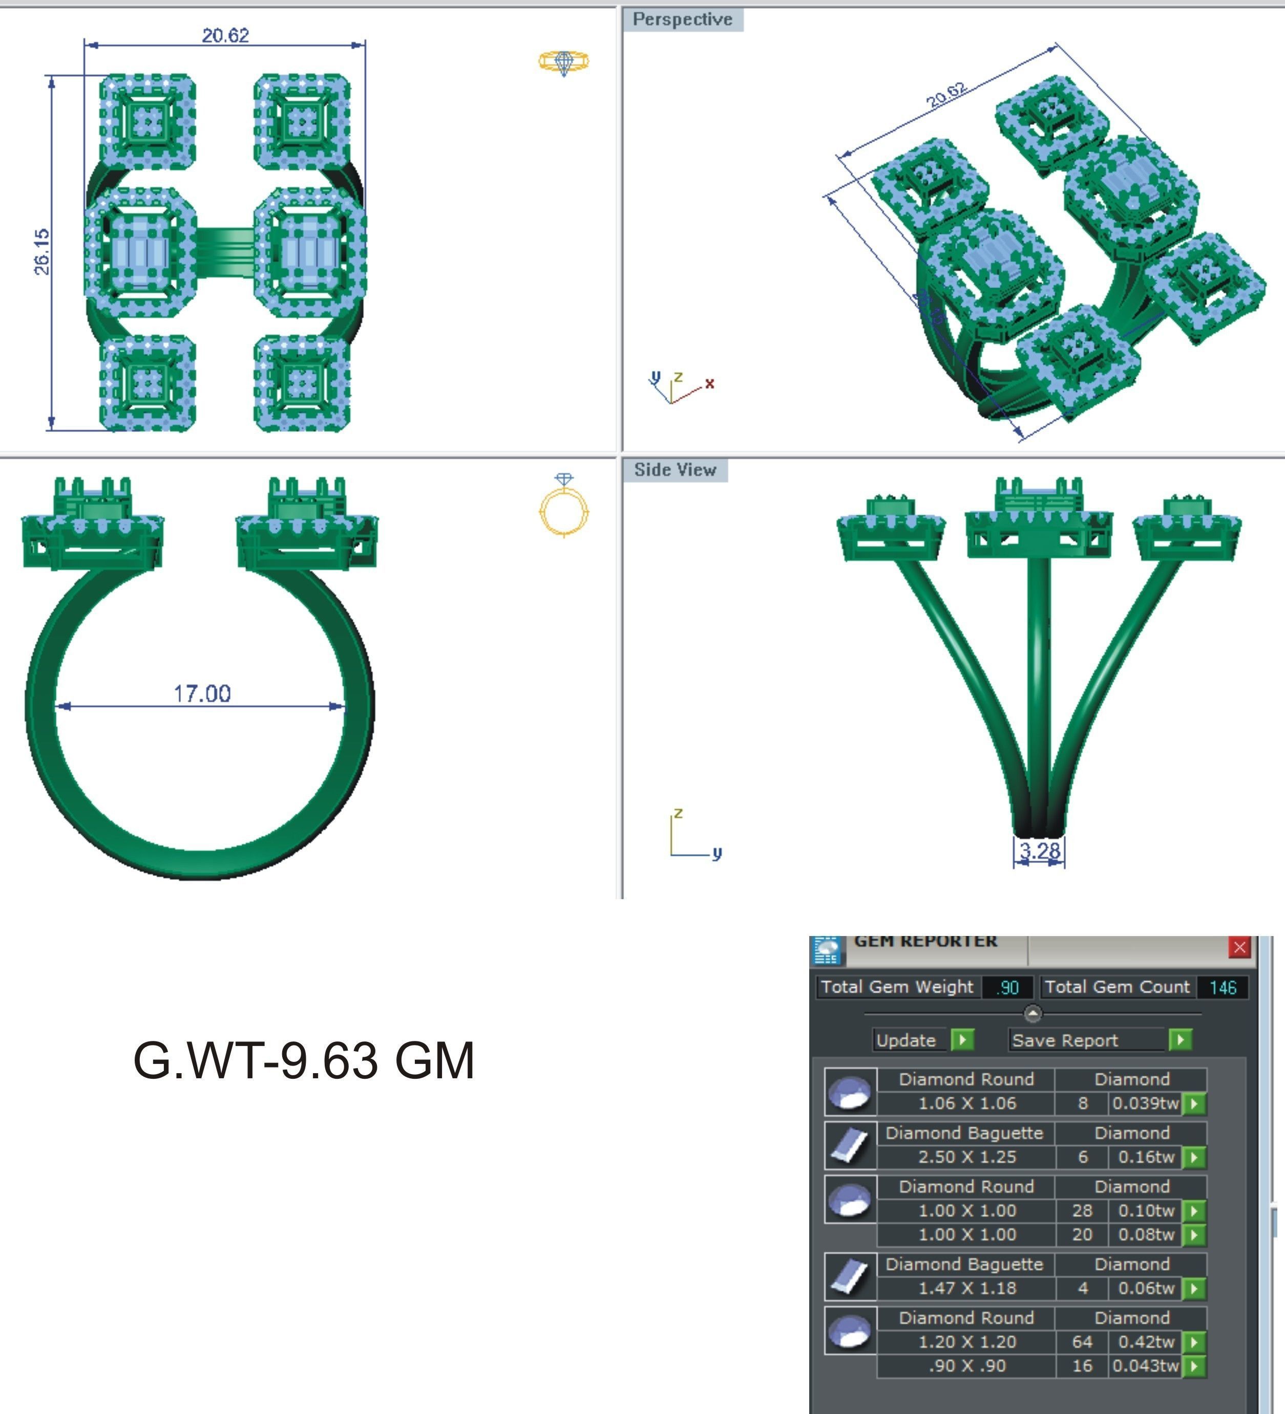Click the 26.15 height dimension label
click(42, 251)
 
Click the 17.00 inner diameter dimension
click(202, 693)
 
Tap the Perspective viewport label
click(682, 19)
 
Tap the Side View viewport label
click(675, 470)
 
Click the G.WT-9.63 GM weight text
click(304, 1060)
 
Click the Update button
click(906, 1040)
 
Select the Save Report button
click(1065, 1040)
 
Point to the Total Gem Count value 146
click(1222, 988)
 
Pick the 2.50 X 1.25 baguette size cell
click(966, 1157)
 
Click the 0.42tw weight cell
click(1145, 1342)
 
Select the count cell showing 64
click(1082, 1342)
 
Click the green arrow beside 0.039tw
click(1194, 1103)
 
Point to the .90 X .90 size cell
click(966, 1365)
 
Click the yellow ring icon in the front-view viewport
click(563, 507)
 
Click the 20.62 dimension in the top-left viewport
click(225, 35)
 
